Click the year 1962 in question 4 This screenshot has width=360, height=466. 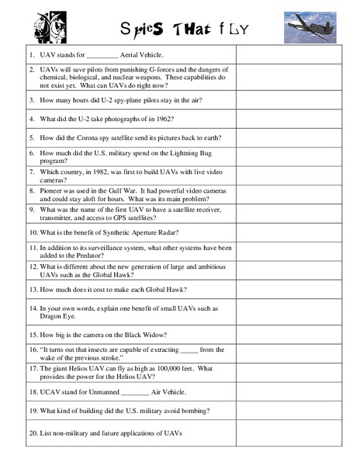[160, 119]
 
